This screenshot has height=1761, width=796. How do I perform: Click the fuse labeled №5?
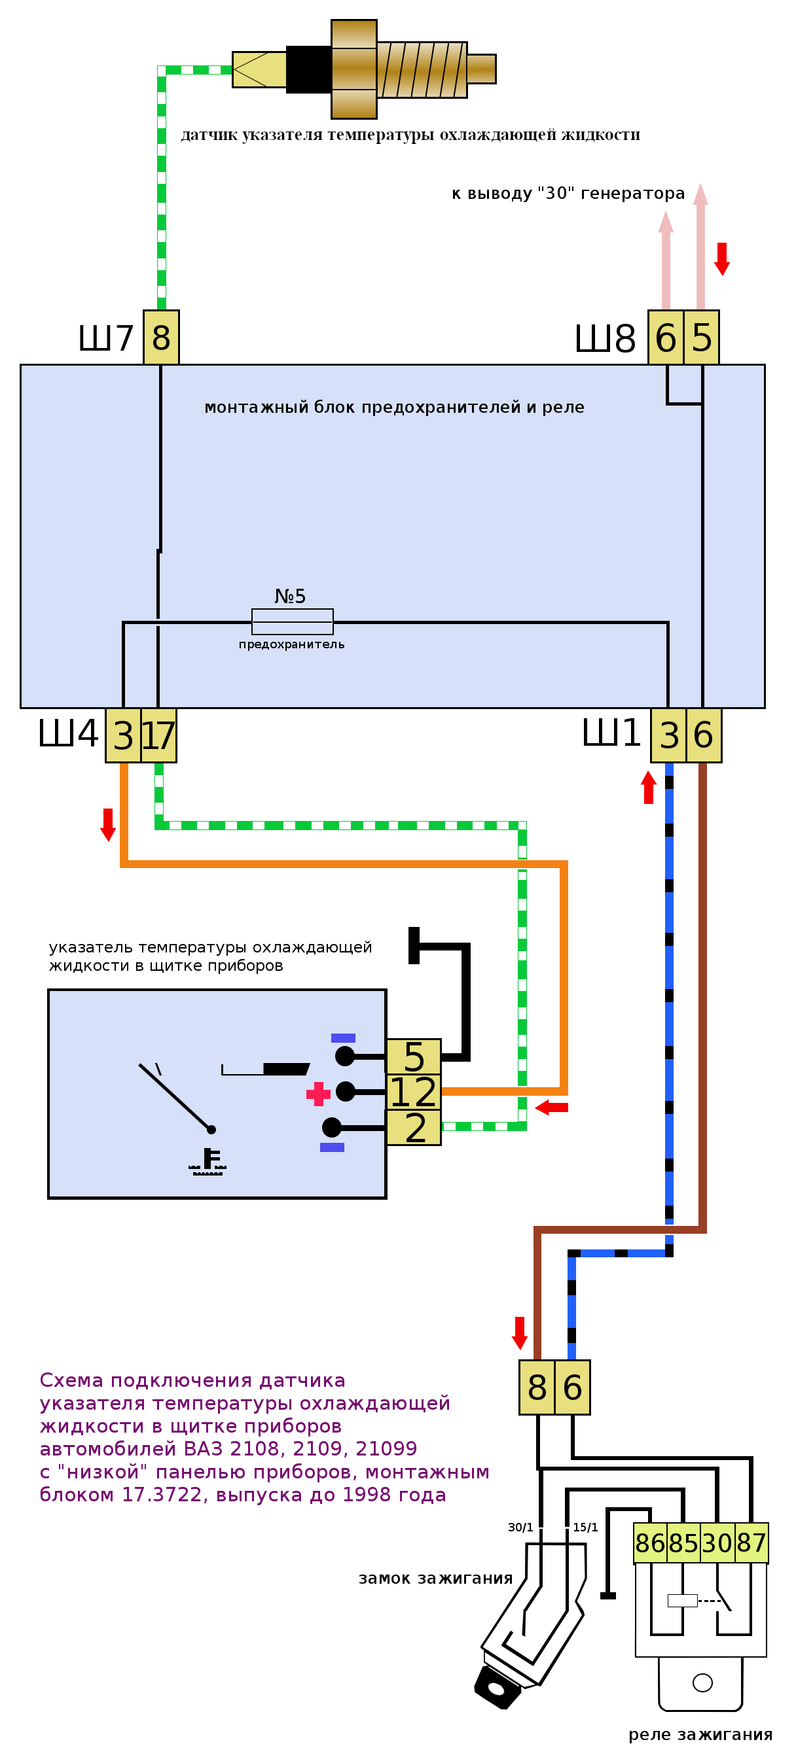292,621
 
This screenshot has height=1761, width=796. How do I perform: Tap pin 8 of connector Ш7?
162,337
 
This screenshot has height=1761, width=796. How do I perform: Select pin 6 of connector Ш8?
665,338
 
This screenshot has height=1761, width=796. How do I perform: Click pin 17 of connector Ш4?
158,735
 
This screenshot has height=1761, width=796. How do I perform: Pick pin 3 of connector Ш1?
669,735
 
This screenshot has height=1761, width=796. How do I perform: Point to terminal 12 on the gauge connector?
413,1092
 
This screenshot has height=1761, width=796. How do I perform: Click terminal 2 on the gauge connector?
414,1127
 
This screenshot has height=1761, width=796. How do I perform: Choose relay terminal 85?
683,1543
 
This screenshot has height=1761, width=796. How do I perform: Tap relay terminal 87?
751,1543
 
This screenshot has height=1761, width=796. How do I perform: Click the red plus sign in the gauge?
318,1094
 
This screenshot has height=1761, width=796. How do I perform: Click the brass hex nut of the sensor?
353,69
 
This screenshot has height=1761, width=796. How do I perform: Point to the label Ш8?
604,338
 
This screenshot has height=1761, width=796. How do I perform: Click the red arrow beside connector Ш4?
108,824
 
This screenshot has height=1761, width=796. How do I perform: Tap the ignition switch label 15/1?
585,1527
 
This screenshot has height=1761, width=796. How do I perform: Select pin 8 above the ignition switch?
537,1387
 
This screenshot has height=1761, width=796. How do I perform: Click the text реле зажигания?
700,1734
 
